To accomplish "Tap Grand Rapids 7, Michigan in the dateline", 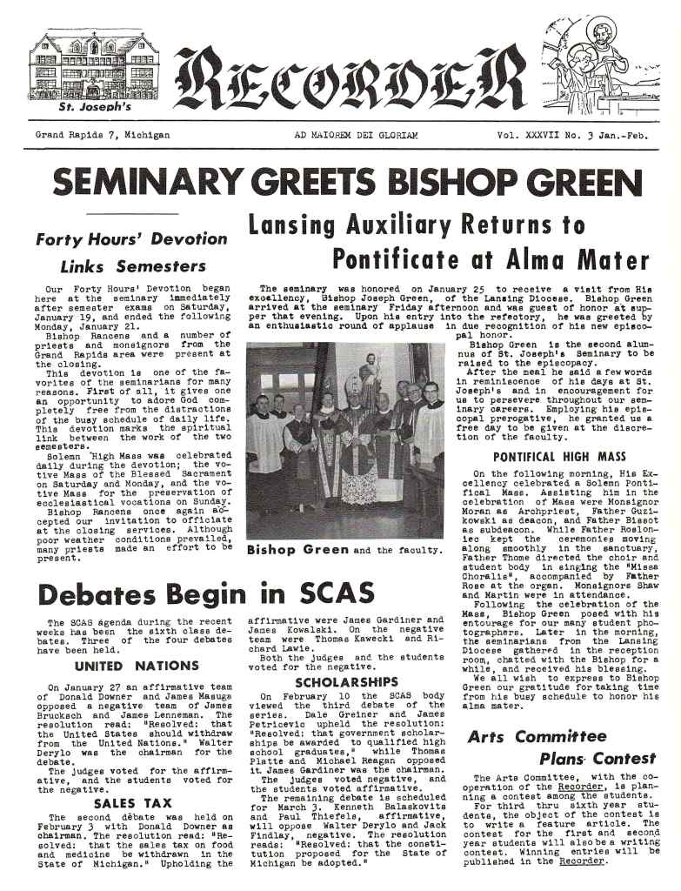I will coord(102,136).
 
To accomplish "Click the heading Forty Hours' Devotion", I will coord(131,239).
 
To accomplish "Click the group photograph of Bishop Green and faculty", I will coord(344,439).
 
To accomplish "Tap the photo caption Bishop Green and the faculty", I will coord(344,550).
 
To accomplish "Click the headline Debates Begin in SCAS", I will coord(193,595).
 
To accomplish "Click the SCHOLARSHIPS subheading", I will coord(345,682).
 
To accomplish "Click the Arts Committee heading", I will coord(537,737).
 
